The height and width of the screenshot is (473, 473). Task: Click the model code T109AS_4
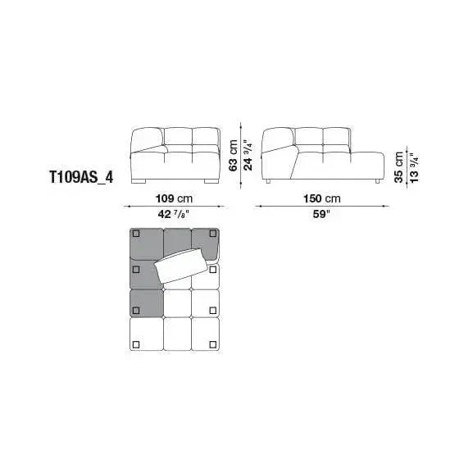click(81, 177)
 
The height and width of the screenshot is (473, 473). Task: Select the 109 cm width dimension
click(174, 198)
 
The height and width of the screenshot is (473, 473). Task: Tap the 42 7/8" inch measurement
click(174, 214)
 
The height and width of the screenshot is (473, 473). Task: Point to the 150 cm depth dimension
click(322, 198)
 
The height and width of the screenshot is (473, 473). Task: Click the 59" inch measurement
click(321, 214)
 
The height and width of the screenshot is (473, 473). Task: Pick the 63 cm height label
click(233, 156)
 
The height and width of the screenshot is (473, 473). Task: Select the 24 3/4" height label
click(248, 156)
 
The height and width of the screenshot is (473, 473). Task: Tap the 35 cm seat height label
click(398, 166)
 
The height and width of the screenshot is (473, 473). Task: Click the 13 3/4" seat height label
click(415, 168)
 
